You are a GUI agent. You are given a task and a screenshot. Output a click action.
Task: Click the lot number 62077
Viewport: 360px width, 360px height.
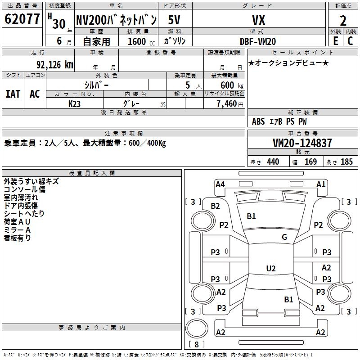click(x=22, y=19)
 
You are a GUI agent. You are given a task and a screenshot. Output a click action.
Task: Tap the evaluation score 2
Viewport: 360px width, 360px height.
click(x=343, y=21)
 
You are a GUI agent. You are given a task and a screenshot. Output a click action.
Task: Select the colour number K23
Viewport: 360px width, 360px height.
click(x=75, y=103)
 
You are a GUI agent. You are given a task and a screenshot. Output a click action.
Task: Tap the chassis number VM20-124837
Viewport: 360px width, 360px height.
click(x=302, y=143)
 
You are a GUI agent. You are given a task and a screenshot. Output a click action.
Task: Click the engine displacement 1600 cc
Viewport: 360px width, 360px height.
click(x=137, y=41)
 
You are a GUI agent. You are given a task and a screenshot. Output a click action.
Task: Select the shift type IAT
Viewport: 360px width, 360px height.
click(x=13, y=94)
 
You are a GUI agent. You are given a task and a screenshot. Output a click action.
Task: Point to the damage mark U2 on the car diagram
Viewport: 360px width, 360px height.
click(x=271, y=269)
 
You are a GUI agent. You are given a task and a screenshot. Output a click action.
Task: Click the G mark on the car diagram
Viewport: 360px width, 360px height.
click(x=284, y=237)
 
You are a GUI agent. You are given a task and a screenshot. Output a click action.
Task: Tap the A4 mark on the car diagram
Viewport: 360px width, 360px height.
click(x=220, y=184)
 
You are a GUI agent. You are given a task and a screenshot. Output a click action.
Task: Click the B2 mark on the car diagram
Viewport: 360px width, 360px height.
click(x=216, y=206)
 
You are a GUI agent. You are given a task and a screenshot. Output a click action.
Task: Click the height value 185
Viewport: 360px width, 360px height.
click(x=346, y=162)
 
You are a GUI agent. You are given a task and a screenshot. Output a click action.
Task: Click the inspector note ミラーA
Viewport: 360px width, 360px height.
click(x=17, y=230)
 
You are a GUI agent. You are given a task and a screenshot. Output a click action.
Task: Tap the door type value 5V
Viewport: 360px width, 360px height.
click(x=175, y=20)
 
